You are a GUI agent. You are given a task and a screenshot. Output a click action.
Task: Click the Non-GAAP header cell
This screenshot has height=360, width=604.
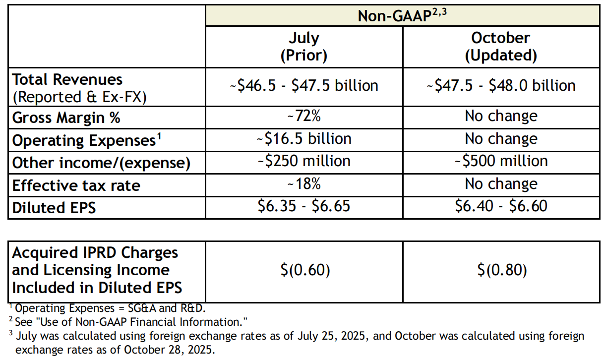[x=402, y=15]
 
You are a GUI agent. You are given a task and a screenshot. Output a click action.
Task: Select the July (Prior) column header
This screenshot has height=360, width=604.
[x=303, y=47]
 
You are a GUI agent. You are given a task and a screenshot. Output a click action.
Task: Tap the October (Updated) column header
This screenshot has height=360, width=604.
[x=500, y=47]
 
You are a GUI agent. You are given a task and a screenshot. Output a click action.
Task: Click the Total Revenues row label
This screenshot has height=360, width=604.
[x=67, y=80]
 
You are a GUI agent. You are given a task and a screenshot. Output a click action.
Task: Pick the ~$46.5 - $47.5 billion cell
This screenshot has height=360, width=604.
[x=303, y=85]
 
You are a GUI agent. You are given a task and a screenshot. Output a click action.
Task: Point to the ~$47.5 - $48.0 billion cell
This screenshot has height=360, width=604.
[x=501, y=85]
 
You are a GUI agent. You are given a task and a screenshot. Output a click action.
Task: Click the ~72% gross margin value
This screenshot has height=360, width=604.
[x=303, y=116]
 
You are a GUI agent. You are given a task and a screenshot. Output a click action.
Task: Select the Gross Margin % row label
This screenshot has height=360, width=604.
[x=66, y=118]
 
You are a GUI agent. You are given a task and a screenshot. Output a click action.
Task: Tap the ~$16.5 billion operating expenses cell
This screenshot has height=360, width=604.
[x=303, y=138]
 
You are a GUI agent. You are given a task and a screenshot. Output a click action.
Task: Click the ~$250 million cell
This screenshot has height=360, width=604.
[x=303, y=161]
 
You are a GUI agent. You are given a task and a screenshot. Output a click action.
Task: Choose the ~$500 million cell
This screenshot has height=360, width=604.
[x=501, y=161]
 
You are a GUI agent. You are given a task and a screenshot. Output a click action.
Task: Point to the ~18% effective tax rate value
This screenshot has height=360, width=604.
[x=303, y=184]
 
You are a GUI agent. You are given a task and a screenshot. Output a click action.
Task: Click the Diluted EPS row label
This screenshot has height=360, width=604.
[x=54, y=208]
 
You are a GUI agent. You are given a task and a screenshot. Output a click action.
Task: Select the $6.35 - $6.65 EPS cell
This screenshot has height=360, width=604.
[x=303, y=206]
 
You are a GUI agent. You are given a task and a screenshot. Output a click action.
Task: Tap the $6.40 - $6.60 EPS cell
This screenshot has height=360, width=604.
[x=501, y=206]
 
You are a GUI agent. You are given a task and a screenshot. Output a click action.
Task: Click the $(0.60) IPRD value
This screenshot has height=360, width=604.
[x=303, y=270]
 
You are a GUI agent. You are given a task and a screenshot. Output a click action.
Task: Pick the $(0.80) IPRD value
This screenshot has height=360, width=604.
[x=501, y=270]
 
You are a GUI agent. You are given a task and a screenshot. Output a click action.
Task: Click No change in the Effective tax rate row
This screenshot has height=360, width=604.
[x=501, y=184]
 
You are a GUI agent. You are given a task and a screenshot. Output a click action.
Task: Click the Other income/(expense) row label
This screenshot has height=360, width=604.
[x=101, y=163]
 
